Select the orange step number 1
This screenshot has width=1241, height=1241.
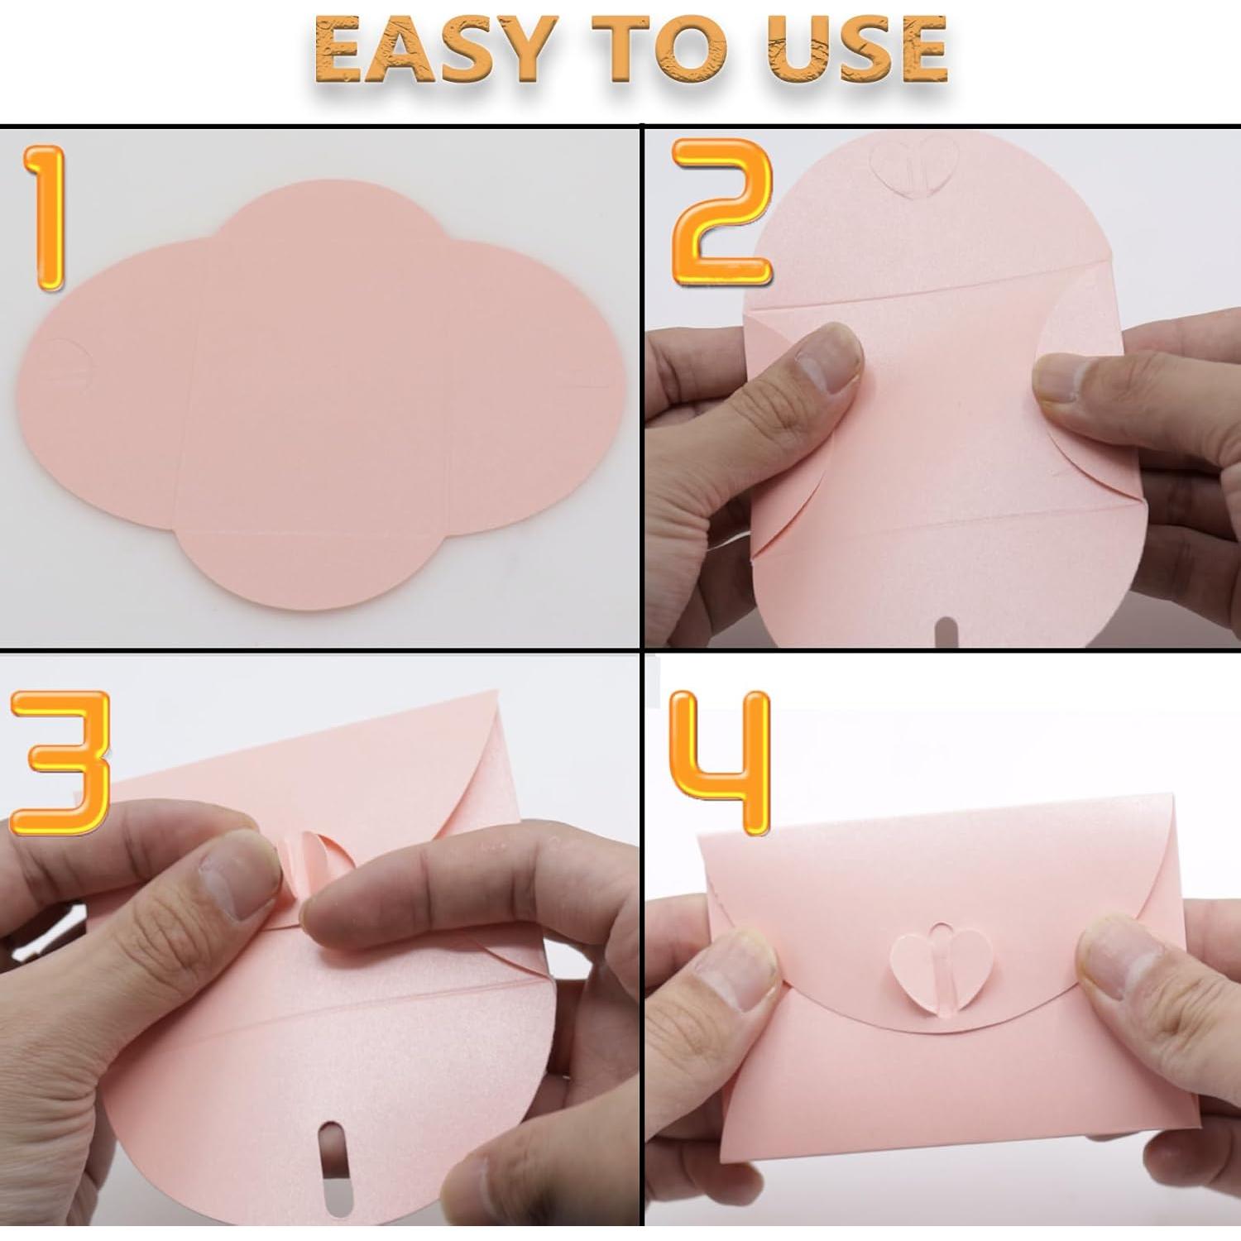(x=46, y=218)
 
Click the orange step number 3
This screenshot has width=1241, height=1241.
(x=60, y=763)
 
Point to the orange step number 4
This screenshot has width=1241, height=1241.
(x=721, y=761)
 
